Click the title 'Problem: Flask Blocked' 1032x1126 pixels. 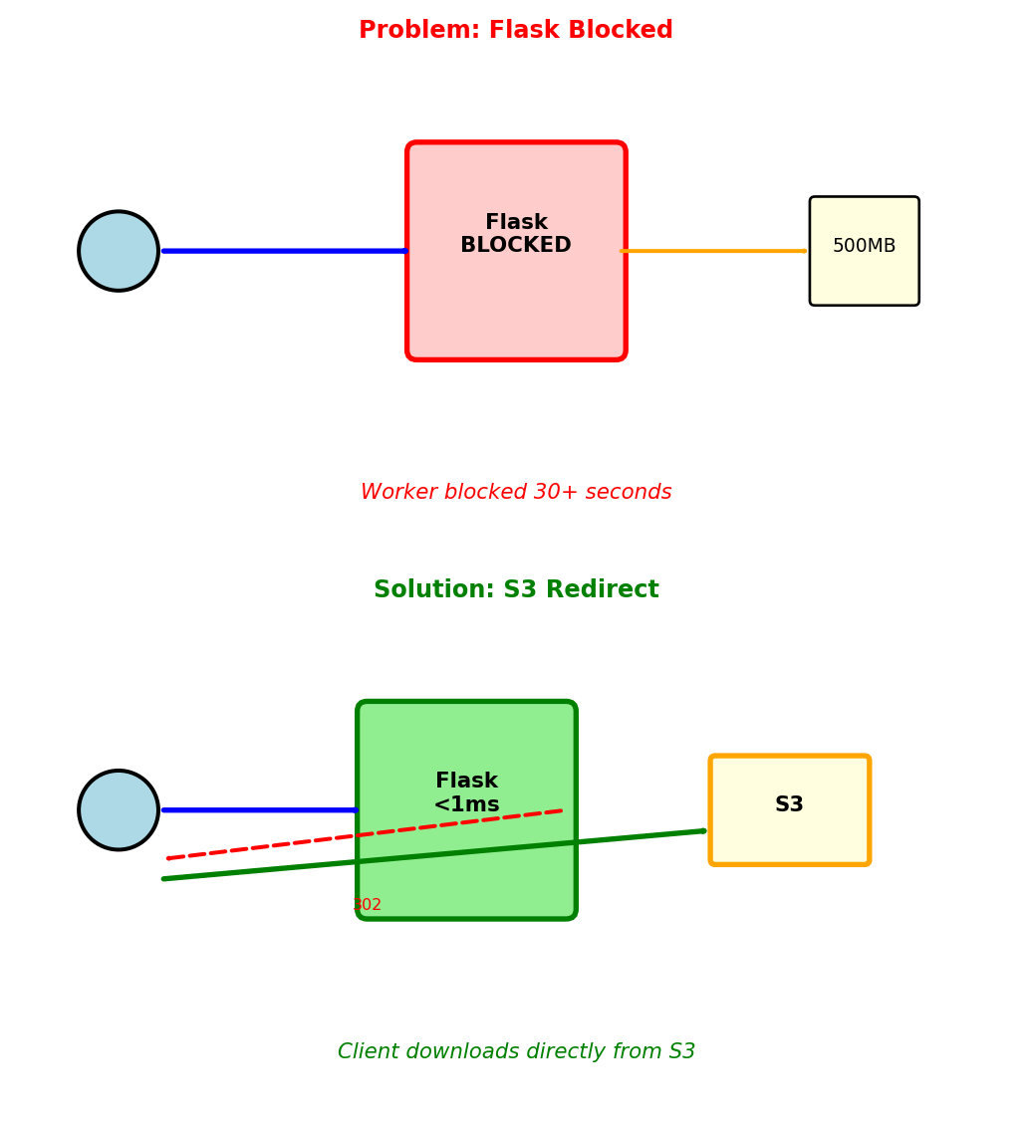(515, 31)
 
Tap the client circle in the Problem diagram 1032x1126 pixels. (119, 251)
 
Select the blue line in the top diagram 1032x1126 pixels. (284, 251)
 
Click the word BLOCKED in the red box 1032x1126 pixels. (515, 246)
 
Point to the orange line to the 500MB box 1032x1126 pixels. (714, 251)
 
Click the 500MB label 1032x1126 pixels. (864, 246)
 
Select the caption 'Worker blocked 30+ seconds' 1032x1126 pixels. (516, 493)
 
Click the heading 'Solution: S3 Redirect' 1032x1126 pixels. (516, 590)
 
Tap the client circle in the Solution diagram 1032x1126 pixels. (119, 809)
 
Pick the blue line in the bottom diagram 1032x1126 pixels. (259, 809)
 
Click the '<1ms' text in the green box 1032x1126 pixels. (466, 805)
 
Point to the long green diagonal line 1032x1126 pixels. (638, 837)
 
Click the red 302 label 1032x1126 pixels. (367, 905)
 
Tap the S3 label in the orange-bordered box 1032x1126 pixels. (789, 805)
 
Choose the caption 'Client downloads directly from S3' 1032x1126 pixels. (516, 1052)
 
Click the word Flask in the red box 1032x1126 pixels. (516, 223)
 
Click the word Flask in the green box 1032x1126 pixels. (466, 782)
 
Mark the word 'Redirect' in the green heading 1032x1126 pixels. (609, 590)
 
